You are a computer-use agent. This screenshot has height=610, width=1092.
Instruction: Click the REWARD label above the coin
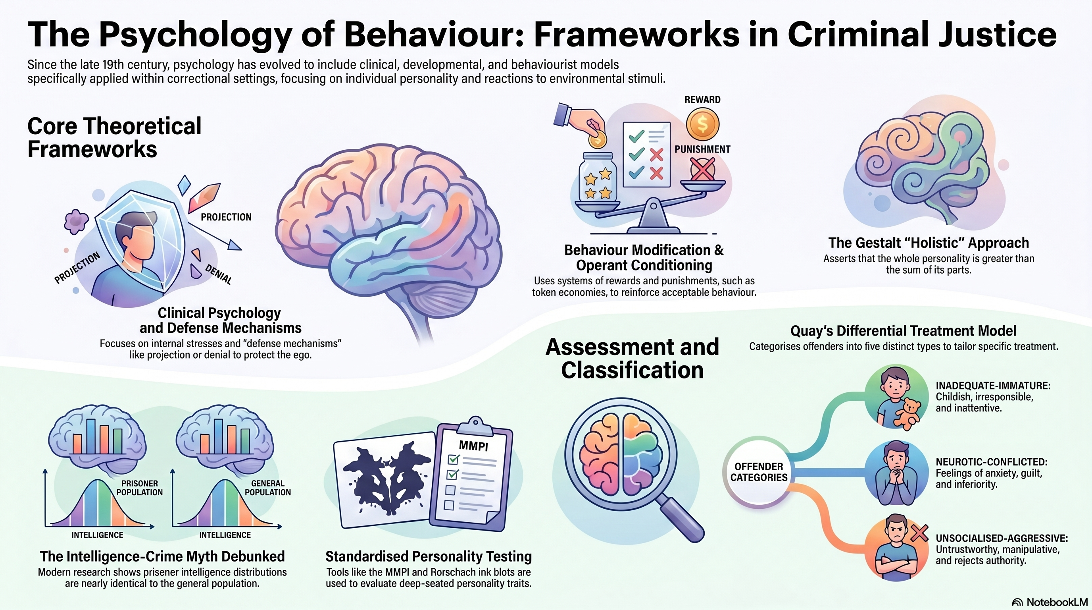coord(702,100)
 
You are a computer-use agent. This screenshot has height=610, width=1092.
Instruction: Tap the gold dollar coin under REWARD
coord(703,124)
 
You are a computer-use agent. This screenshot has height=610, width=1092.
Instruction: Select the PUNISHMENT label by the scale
coord(702,149)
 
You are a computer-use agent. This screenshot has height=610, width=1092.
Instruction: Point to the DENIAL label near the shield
coord(219,274)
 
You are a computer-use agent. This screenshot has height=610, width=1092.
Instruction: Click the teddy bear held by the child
coord(907,413)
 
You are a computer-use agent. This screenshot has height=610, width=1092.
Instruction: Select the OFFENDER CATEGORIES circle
coord(759,472)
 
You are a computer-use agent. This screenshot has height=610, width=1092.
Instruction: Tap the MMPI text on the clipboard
coord(473,446)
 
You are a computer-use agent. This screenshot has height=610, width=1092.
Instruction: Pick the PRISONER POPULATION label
coord(139,488)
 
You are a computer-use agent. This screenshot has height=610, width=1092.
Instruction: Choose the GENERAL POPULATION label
coord(267,488)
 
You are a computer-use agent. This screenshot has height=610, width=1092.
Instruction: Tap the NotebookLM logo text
coord(1057,602)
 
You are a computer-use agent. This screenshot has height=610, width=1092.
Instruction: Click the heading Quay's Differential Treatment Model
coord(904,330)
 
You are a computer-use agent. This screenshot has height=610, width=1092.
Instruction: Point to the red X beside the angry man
coord(919,533)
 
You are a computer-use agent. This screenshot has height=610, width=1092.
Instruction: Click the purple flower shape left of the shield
coord(76,222)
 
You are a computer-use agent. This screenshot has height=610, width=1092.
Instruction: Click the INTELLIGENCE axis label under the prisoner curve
coord(97,535)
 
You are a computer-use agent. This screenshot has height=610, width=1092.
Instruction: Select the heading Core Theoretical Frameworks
coord(114,138)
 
